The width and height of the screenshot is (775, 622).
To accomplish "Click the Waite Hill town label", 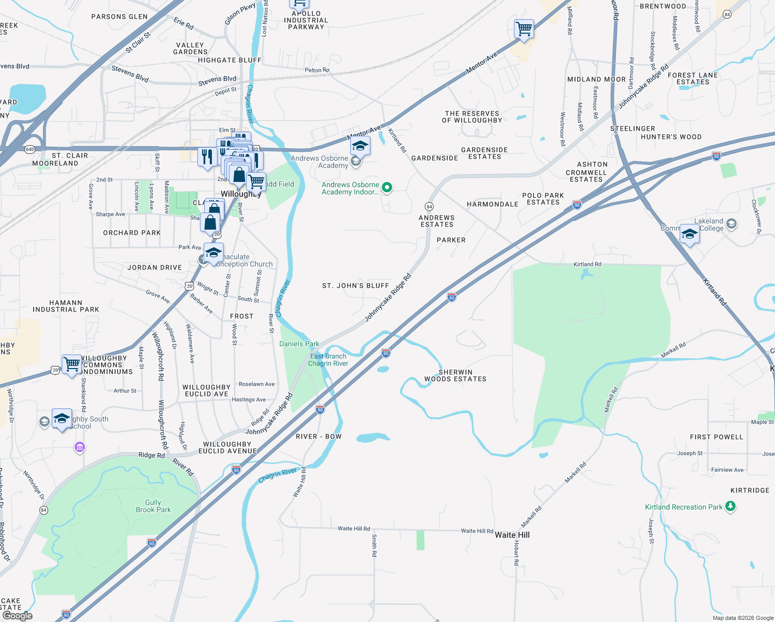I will click(x=512, y=535).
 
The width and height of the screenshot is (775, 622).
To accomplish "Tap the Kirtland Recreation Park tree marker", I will click(x=730, y=506).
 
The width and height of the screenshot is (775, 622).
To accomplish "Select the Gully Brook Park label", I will click(x=153, y=506).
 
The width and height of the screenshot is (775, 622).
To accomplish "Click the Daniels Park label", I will click(x=299, y=344).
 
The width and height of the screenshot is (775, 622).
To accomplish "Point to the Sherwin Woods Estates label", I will click(x=455, y=375).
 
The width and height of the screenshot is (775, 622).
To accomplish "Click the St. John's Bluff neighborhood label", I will click(x=355, y=286).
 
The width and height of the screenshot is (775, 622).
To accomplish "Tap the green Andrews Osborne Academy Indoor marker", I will click(x=387, y=187).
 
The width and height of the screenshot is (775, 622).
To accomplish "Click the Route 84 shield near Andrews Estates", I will click(x=429, y=207).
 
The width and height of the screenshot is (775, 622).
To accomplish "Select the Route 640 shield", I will click(x=30, y=150).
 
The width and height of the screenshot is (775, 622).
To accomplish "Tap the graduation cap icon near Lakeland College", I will click(x=689, y=234).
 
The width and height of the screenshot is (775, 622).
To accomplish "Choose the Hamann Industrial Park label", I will click(x=66, y=306).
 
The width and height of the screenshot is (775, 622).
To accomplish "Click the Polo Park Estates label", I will click(x=543, y=199).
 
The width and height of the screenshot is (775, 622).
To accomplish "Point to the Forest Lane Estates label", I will click(x=693, y=78).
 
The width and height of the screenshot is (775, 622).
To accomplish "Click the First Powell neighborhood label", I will click(x=716, y=437).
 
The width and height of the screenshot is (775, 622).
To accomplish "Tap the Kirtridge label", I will click(x=750, y=490).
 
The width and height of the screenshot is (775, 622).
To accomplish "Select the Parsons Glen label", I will click(x=119, y=17).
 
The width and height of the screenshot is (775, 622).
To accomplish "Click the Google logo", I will click(x=18, y=616).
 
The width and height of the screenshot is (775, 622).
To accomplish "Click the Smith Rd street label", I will click(x=374, y=545).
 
